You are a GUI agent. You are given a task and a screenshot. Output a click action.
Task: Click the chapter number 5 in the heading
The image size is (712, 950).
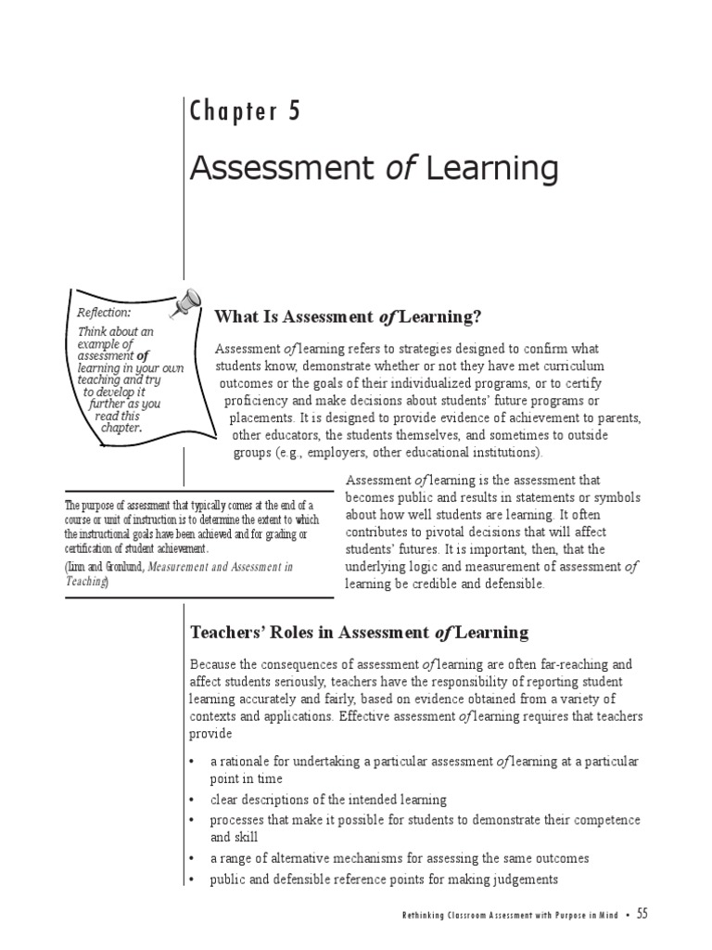point(294,112)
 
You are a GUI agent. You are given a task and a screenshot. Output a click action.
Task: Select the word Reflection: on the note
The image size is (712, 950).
point(104,313)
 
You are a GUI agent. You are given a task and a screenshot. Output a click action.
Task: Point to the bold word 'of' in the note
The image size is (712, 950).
point(143,355)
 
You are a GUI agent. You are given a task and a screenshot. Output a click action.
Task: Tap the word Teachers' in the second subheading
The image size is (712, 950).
point(225,633)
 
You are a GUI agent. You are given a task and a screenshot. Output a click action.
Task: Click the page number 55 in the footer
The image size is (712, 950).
point(642,914)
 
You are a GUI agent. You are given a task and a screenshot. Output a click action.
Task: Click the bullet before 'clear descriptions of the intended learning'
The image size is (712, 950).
point(191,800)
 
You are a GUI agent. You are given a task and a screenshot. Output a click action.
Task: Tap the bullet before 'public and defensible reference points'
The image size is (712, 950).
point(191,879)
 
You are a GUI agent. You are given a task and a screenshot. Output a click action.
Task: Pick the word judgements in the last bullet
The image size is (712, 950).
point(524,879)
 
